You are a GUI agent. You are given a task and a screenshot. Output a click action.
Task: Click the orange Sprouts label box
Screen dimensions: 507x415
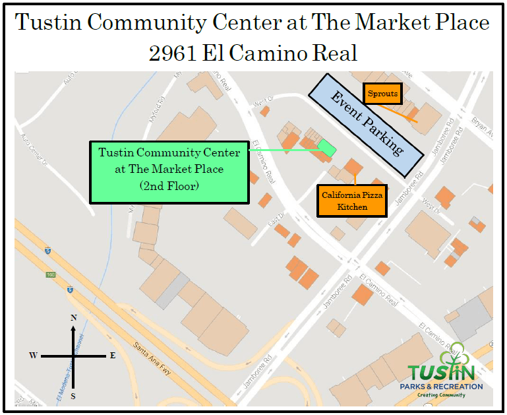click(x=382, y=94)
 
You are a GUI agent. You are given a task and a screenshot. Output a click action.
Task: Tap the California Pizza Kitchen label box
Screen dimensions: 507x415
click(x=353, y=201)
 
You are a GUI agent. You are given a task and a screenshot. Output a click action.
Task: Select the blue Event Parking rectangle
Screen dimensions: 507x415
click(x=366, y=125)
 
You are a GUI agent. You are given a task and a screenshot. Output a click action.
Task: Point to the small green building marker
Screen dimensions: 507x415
click(x=326, y=148)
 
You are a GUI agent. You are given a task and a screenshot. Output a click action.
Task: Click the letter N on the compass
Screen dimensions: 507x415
click(x=73, y=318)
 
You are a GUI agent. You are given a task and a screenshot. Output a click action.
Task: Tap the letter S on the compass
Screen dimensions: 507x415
click(x=73, y=396)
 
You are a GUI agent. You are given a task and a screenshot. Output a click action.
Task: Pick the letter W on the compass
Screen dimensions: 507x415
click(x=33, y=356)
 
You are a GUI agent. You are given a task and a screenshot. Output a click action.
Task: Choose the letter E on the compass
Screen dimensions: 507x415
click(x=113, y=356)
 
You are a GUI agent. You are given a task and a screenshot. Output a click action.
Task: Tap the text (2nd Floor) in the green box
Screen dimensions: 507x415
click(x=169, y=186)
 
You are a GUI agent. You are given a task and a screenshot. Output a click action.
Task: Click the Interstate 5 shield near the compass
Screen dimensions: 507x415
click(x=69, y=289)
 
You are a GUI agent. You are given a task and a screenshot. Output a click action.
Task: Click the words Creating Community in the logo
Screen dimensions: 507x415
click(x=441, y=395)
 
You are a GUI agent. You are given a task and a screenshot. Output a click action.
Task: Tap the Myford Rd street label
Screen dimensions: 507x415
click(x=159, y=105)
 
